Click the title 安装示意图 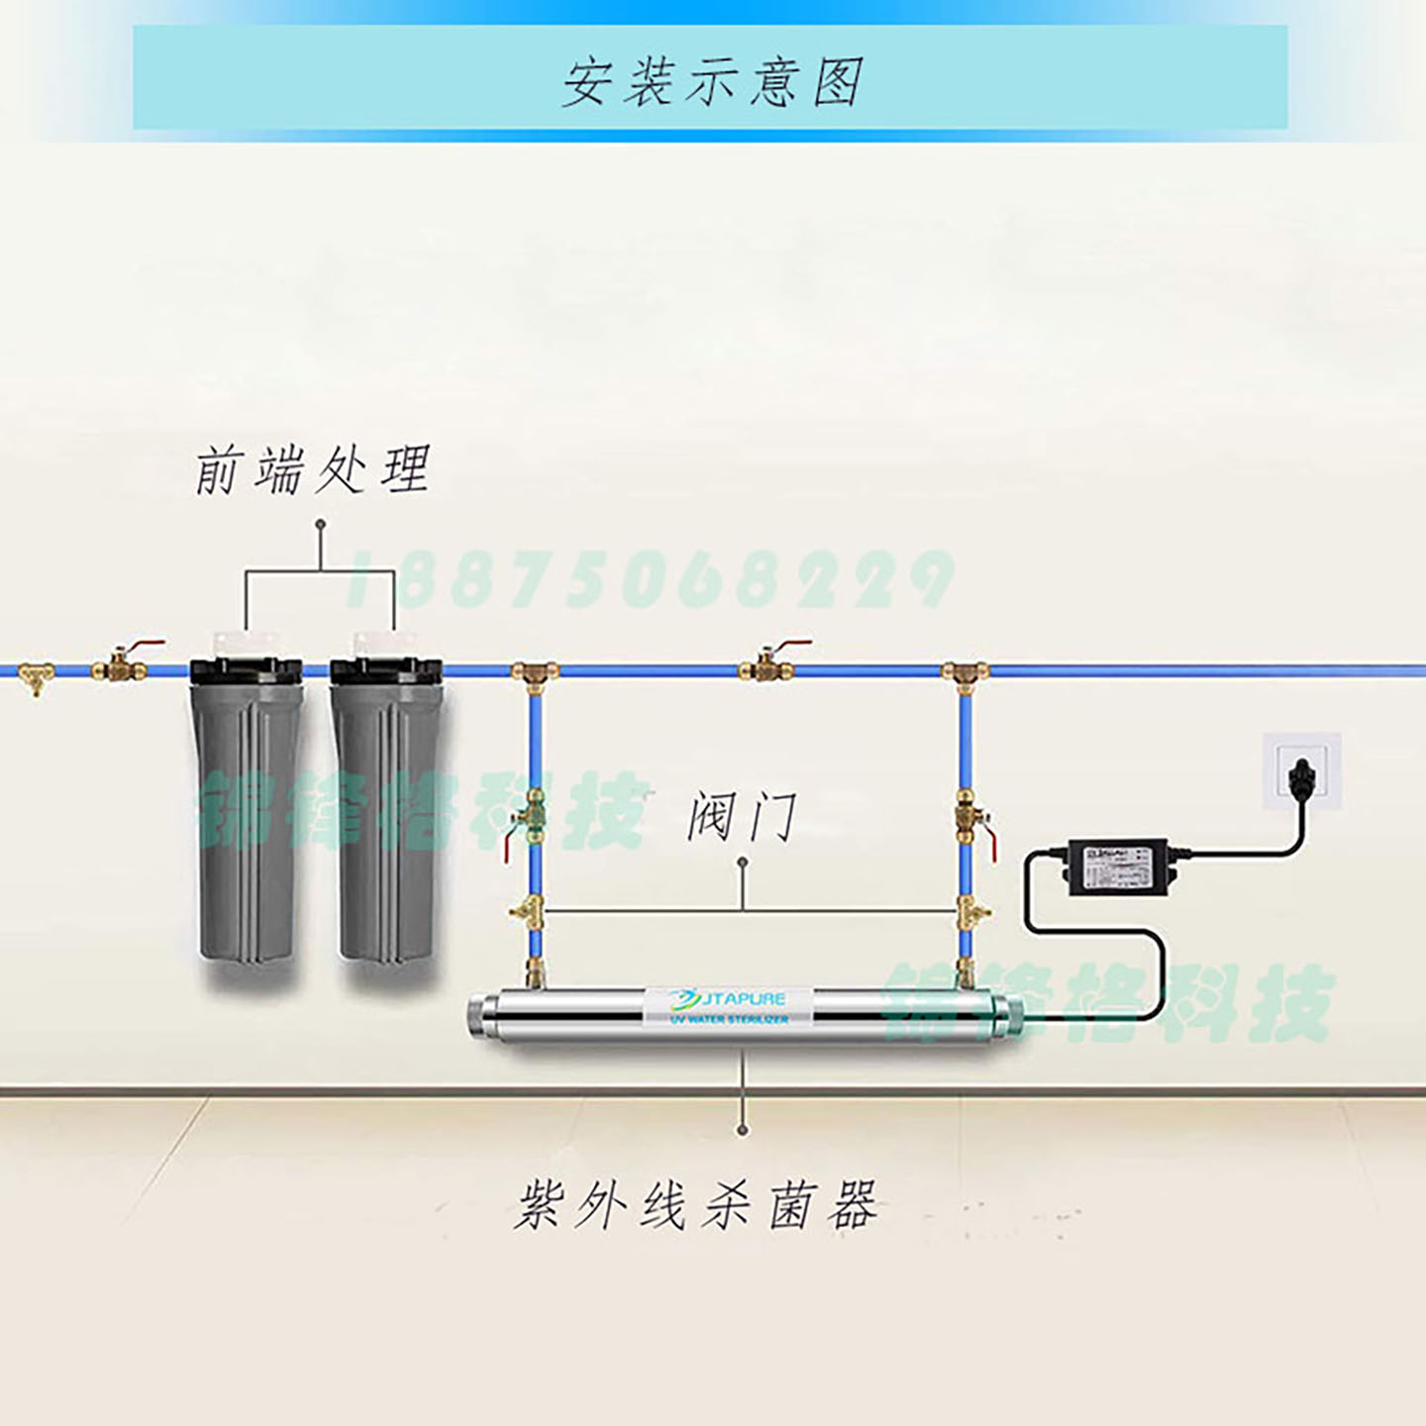(x=711, y=81)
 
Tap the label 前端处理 (x=313, y=470)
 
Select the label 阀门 (x=742, y=818)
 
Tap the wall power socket (x=1301, y=770)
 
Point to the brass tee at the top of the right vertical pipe (x=965, y=673)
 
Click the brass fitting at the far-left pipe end (x=35, y=675)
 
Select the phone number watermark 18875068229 (x=649, y=579)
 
